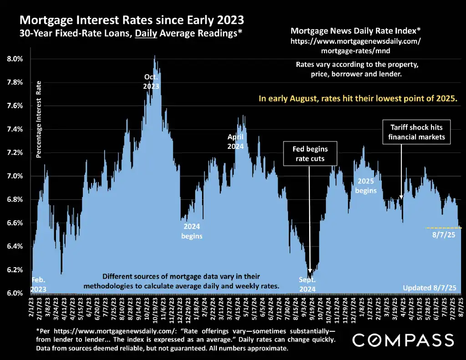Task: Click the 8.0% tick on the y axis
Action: [x=14, y=59]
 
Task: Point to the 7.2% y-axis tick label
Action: [x=14, y=152]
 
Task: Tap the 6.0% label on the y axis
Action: [x=14, y=293]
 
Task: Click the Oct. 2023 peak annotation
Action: [x=151, y=81]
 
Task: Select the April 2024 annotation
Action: [x=236, y=142]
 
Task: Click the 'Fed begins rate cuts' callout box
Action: [x=309, y=154]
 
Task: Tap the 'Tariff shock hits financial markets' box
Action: [x=416, y=132]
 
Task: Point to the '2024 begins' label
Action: [x=192, y=231]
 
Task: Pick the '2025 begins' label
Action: [x=366, y=186]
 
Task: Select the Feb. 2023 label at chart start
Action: [x=38, y=284]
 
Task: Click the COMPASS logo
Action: [x=403, y=340]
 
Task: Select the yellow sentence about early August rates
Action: [x=358, y=98]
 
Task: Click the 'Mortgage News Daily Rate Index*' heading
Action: [x=355, y=31]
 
